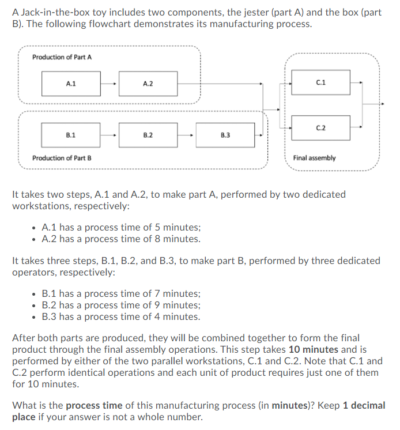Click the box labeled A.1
pos(71,84)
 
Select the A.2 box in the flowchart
pos(148,84)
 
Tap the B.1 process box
pos(71,135)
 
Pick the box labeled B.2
pos(148,135)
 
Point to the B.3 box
pos(225,135)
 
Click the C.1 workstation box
pos(321,82)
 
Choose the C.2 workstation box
pos(321,127)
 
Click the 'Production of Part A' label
pos(62,57)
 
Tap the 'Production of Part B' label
pos(62,158)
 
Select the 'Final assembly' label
pos(314,158)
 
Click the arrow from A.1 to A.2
pos(110,84)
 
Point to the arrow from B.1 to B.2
pos(110,135)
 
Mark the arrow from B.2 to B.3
pos(186,135)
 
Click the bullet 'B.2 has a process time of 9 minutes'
pos(122,305)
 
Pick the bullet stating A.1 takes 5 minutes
pos(122,227)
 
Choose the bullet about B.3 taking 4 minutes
pos(122,316)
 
